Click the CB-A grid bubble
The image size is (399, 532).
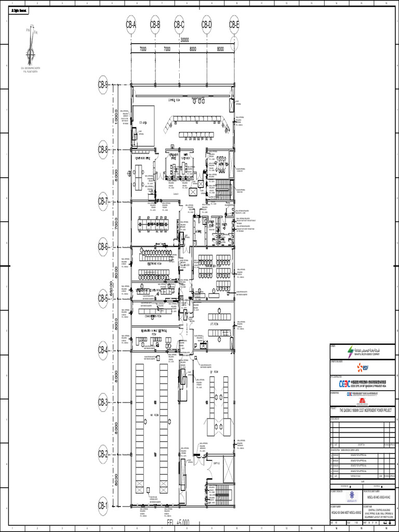point(131,24)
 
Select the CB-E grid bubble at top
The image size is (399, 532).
point(234,24)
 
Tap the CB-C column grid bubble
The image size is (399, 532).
point(179,24)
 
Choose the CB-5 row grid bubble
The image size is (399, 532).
point(103,299)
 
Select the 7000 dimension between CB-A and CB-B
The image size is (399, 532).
point(143,49)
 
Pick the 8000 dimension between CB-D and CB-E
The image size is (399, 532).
point(220,49)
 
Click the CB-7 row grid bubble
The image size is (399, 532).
point(103,201)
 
